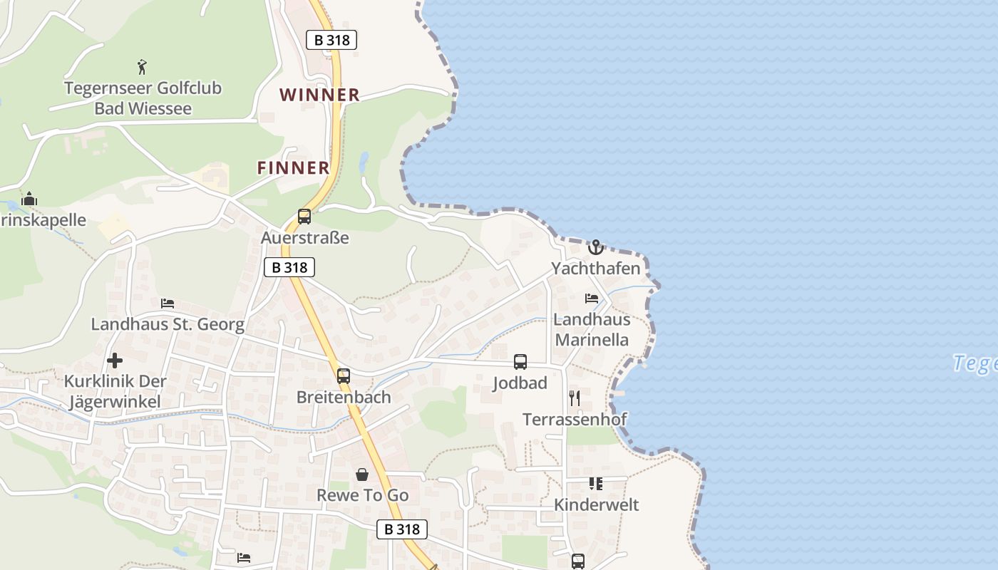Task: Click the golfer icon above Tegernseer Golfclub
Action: [x=143, y=67]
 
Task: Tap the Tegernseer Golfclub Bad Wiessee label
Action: [x=143, y=98]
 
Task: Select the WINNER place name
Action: [x=319, y=95]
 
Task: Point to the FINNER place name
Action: [x=294, y=168]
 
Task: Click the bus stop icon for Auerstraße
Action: [x=304, y=217]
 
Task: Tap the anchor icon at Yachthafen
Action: [x=596, y=247]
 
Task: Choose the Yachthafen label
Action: [x=596, y=269]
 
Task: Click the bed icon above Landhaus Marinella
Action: [x=592, y=298]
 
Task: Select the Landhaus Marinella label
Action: [x=592, y=329]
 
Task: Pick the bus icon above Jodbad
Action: [x=520, y=361]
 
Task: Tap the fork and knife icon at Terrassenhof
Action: [x=575, y=398]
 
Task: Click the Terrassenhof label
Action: [x=575, y=419]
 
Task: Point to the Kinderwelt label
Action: [x=596, y=505]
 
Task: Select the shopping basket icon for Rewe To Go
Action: [x=362, y=474]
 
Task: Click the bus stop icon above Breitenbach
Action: [x=344, y=375]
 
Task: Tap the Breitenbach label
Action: [x=344, y=397]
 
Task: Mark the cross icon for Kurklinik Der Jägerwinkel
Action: [x=115, y=361]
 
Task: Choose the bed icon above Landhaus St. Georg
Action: [x=168, y=304]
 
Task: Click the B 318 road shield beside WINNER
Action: [x=331, y=40]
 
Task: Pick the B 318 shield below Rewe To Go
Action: [x=402, y=529]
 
